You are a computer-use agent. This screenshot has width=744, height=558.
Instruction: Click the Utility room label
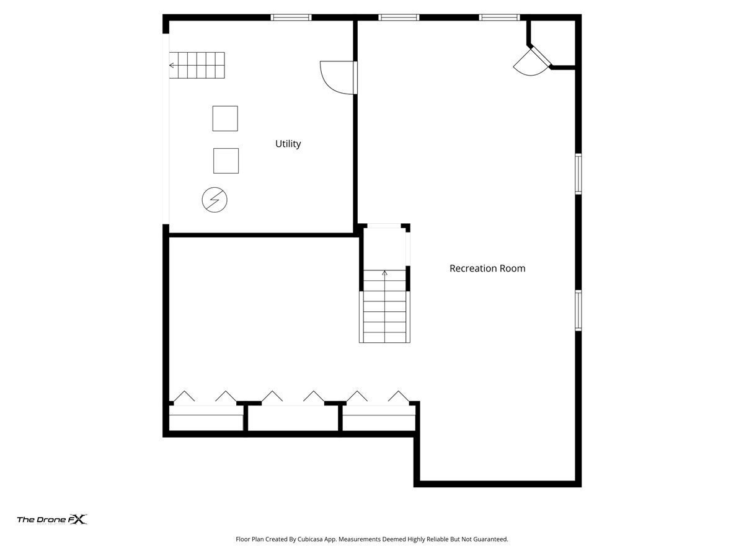tap(288, 144)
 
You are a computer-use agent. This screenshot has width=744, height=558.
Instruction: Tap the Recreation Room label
tap(487, 268)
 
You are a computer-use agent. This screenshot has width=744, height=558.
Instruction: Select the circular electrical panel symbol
tap(215, 200)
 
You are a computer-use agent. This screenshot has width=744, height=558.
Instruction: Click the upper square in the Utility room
tap(225, 118)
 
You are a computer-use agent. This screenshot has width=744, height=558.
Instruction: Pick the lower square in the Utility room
tap(226, 161)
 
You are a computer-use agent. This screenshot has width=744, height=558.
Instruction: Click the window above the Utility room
tap(291, 17)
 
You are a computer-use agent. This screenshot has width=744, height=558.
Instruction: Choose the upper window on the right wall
tap(578, 174)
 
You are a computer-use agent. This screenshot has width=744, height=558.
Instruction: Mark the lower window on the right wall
tap(578, 311)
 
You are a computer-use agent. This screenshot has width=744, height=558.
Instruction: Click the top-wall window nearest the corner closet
tap(499, 17)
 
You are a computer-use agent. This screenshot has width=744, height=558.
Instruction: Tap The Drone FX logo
tap(52, 519)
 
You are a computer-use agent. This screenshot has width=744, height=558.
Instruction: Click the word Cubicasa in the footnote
tap(310, 539)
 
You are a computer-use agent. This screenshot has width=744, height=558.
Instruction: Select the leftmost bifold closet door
tap(184, 396)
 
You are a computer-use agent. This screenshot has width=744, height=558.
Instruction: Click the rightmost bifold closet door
tap(399, 396)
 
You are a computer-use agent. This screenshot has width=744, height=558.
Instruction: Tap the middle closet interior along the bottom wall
tap(293, 418)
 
